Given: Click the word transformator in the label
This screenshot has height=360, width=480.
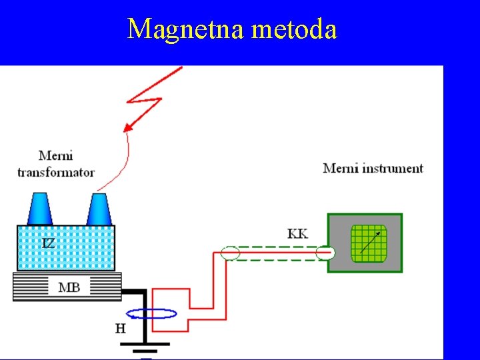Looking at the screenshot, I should point(56,172).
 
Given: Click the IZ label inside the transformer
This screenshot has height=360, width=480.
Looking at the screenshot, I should point(49,243).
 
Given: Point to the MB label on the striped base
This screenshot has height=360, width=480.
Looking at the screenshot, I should point(69,287).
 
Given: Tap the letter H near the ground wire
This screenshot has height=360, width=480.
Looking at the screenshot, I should point(121,327).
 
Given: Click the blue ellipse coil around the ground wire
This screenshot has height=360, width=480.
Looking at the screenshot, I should point(151,313).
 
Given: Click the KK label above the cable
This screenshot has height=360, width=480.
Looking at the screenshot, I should point(297,233).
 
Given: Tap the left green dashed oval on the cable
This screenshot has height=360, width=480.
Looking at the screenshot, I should point(230,254).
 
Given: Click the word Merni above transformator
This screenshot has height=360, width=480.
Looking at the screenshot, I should point(56,156).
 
